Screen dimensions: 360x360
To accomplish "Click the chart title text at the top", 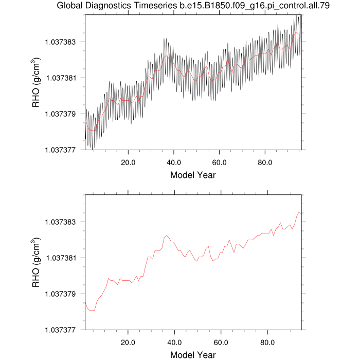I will tap(193, 6).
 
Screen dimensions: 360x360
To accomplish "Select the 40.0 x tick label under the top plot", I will tap(174, 161).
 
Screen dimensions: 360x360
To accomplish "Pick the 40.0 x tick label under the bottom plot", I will tap(174, 342).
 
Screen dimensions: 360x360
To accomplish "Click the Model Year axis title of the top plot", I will tap(193, 175).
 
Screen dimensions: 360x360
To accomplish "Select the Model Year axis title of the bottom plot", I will tap(193, 355).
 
